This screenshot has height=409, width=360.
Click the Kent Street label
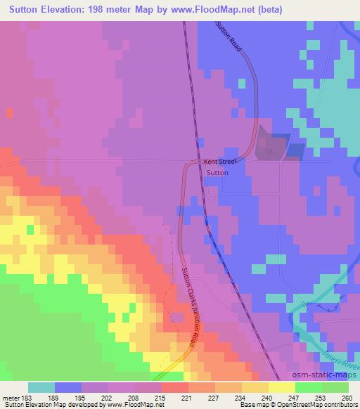[x=221, y=161]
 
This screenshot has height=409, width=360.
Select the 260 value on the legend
[x=347, y=398]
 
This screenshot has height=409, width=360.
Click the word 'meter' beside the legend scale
[x=11, y=398]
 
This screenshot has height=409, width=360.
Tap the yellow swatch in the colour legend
[x=281, y=388]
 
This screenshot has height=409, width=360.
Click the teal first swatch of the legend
[x=41, y=388]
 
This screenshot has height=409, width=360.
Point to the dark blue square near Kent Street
[x=295, y=150]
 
